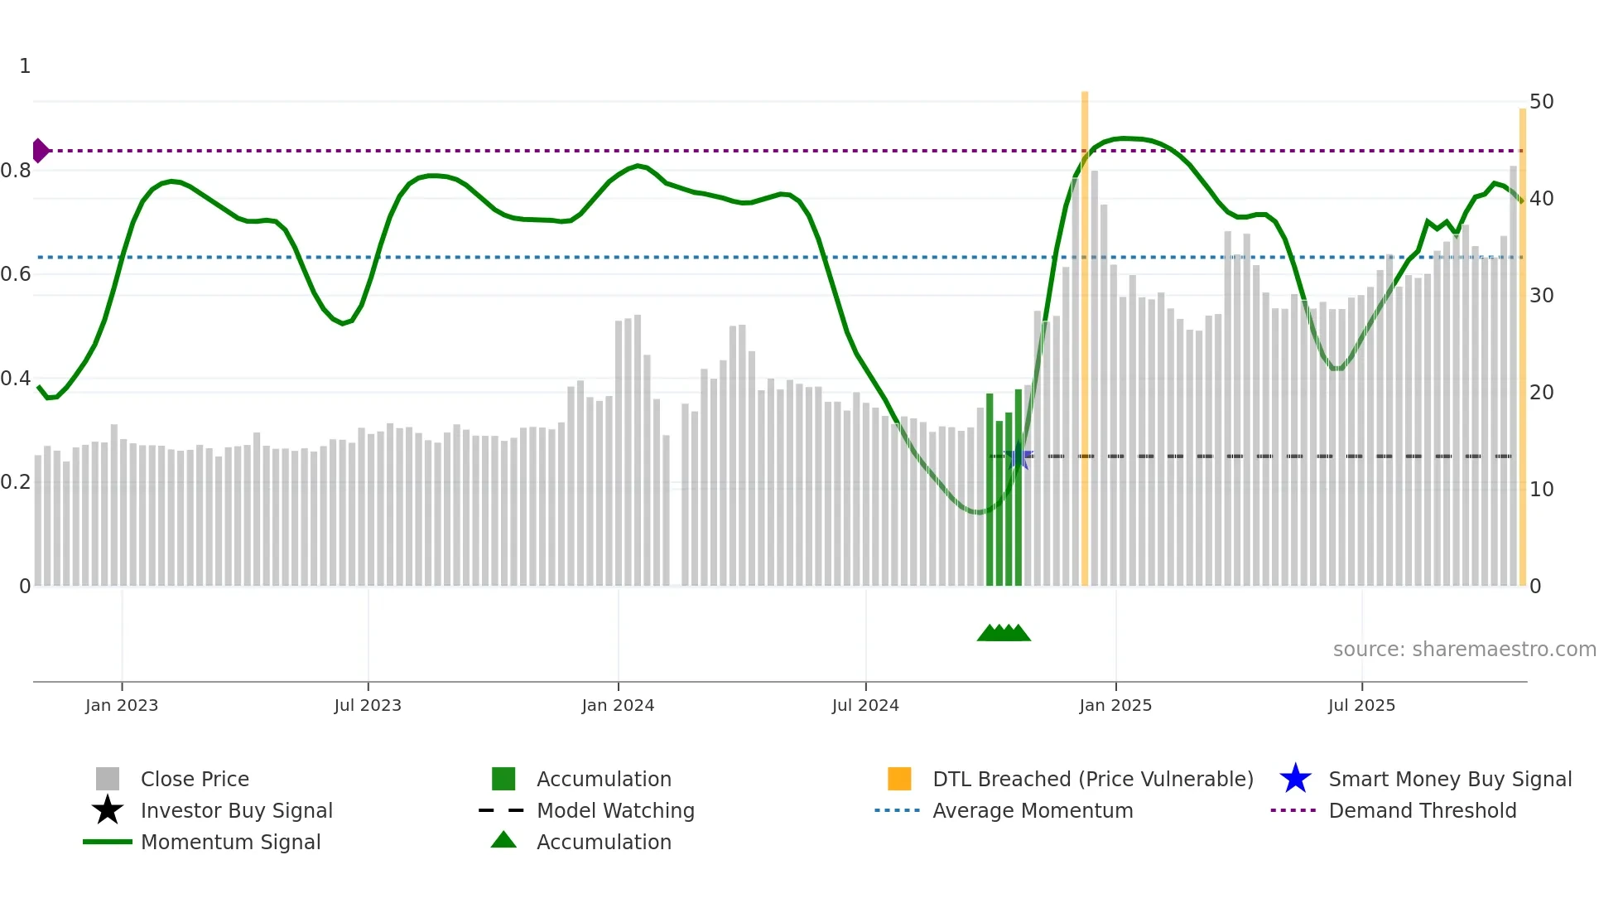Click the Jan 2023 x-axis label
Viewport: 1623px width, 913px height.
point(122,705)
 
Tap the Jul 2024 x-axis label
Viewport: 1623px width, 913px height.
point(865,705)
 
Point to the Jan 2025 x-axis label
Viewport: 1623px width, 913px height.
point(1115,705)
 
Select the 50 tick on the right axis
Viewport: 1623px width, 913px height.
point(1541,102)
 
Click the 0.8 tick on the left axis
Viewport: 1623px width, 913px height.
point(16,171)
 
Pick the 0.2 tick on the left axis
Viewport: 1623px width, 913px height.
point(16,482)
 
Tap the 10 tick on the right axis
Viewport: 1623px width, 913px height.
point(1541,490)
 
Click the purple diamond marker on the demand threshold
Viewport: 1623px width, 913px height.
point(40,151)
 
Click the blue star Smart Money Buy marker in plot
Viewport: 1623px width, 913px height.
point(1020,456)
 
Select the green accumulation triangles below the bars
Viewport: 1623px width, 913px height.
point(1004,633)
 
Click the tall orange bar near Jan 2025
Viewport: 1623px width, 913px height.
point(1085,331)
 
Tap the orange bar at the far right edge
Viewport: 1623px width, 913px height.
point(1522,348)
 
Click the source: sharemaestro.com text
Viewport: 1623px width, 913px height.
point(1464,650)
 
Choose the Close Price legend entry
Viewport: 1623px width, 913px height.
point(195,779)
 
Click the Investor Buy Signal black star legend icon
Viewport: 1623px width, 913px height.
point(108,810)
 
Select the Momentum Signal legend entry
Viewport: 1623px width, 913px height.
point(230,842)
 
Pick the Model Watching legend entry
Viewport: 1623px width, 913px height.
point(615,810)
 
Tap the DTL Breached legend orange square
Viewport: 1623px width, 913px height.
point(899,779)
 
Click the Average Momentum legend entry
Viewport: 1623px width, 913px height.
point(1033,810)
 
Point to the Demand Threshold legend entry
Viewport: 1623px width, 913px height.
point(1422,810)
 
